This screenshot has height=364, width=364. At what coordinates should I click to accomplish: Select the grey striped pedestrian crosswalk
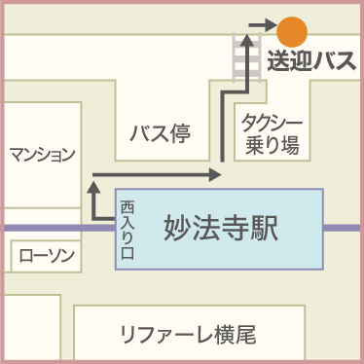[x=242, y=63]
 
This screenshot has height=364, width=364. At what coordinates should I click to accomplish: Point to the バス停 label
[x=160, y=133]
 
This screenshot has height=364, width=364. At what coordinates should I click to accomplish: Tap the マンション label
[x=42, y=154]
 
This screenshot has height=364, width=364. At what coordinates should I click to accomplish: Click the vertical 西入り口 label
[x=127, y=229]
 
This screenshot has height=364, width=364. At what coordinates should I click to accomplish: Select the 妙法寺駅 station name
[x=220, y=230]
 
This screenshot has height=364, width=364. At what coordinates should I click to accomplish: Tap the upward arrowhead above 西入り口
[x=93, y=182]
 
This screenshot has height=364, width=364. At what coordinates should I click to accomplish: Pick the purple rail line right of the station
[x=343, y=229]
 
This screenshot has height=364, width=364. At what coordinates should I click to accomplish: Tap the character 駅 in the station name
[x=264, y=230]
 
